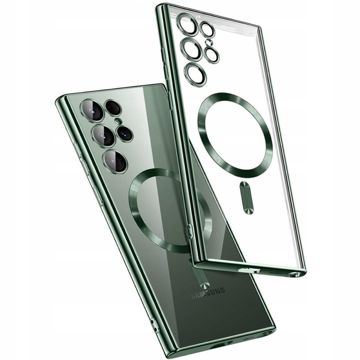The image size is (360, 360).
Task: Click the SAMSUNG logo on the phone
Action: pyautogui.click(x=208, y=293)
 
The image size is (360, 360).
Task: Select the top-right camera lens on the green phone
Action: pyautogui.click(x=113, y=108)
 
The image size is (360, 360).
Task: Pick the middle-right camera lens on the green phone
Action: pyautogui.click(x=125, y=133)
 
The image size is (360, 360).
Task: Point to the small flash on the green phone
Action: pyautogui.click(x=118, y=120)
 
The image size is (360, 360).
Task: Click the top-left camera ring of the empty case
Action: pyautogui.click(x=187, y=24)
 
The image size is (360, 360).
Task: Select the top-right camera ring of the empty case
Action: pyautogui.click(x=207, y=30)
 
